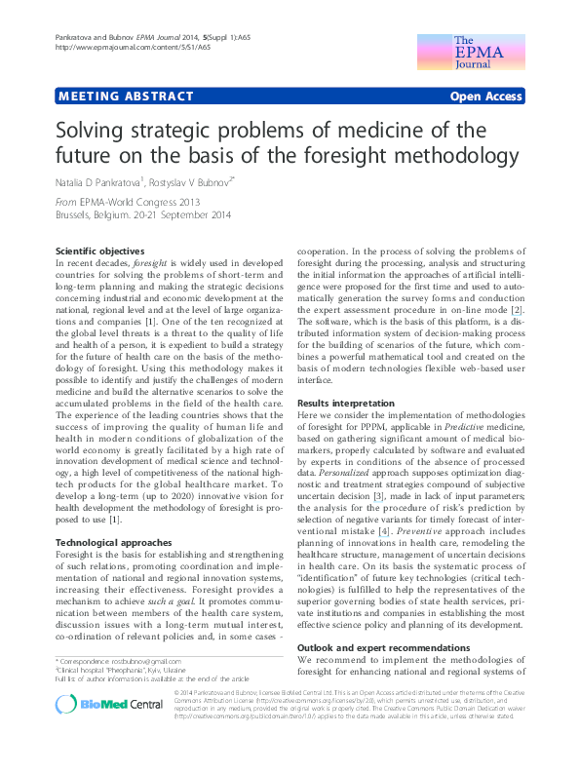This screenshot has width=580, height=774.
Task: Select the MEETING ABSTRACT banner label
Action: coord(114,97)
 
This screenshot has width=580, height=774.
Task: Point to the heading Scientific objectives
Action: coord(100,251)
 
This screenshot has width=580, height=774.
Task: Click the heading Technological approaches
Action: coord(113,542)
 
